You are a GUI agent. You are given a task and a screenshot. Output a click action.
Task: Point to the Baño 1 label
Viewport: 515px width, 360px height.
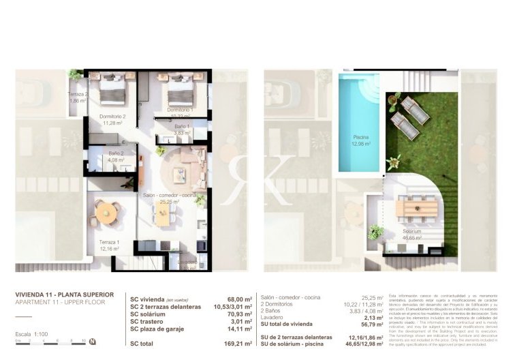click(181, 128)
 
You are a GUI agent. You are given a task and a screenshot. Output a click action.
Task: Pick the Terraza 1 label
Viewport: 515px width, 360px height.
click(109, 245)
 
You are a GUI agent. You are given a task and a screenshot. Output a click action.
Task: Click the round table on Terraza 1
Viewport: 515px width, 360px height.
click(106, 213)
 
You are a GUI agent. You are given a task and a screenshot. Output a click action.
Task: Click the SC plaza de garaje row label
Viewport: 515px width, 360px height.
click(159, 329)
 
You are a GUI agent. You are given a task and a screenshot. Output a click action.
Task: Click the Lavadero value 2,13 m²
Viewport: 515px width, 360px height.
click(372, 317)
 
